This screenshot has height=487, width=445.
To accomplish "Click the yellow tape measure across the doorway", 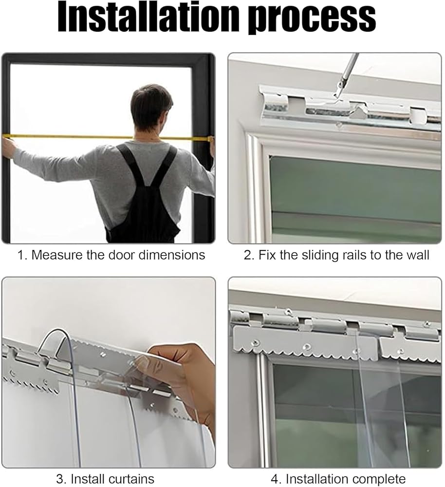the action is tap(107, 137).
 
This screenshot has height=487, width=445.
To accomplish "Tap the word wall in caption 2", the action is tap(419, 255).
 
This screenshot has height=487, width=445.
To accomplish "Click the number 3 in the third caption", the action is tap(59, 479).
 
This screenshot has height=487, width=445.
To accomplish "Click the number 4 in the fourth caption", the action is tap(275, 479).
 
